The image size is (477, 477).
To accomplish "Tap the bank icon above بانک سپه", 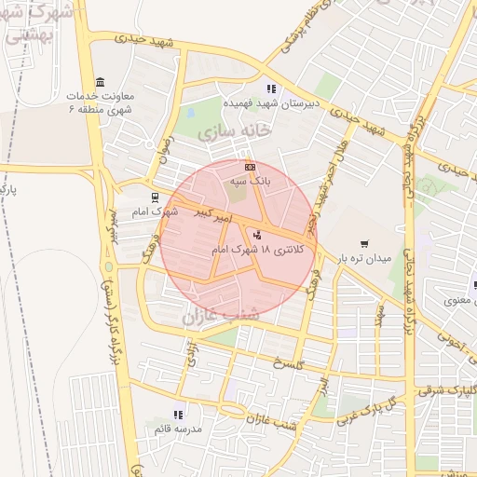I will (249, 167).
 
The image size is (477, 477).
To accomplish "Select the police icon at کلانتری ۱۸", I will (257, 234).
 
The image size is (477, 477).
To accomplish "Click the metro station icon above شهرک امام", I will (154, 197).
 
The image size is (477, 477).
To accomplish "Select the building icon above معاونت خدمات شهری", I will (101, 80).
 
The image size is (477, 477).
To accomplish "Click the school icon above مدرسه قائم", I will (177, 415).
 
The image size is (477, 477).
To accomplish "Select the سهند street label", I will (381, 313).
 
